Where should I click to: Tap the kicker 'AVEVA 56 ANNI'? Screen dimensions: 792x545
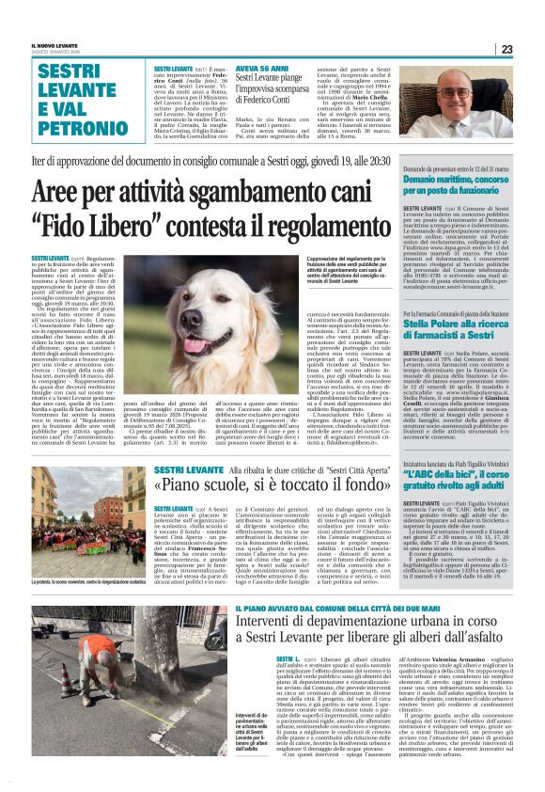click(x=260, y=71)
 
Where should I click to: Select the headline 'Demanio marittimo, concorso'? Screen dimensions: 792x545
click(x=455, y=176)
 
